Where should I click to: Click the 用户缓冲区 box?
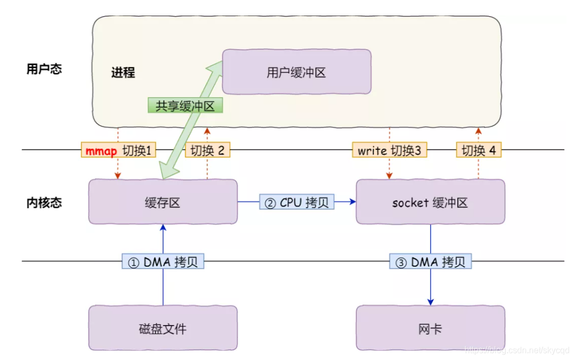tap(296, 72)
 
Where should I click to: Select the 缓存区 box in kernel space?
tap(163, 202)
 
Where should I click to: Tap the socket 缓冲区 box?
tap(430, 202)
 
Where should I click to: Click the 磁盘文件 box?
tap(163, 328)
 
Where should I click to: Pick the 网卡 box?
tap(430, 328)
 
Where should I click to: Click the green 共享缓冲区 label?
tap(185, 106)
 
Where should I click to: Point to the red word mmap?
tap(101, 151)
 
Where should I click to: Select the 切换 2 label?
tap(207, 151)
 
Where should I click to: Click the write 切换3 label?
tap(390, 151)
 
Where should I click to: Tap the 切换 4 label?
tap(478, 151)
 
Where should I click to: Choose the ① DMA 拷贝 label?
tap(163, 262)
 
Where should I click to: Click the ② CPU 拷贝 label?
tap(297, 202)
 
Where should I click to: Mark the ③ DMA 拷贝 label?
tap(431, 262)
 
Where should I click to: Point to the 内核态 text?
tap(44, 202)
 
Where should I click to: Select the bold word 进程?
tap(123, 72)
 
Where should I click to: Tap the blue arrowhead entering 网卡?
tap(431, 302)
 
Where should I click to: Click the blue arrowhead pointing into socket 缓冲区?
tap(353, 202)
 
